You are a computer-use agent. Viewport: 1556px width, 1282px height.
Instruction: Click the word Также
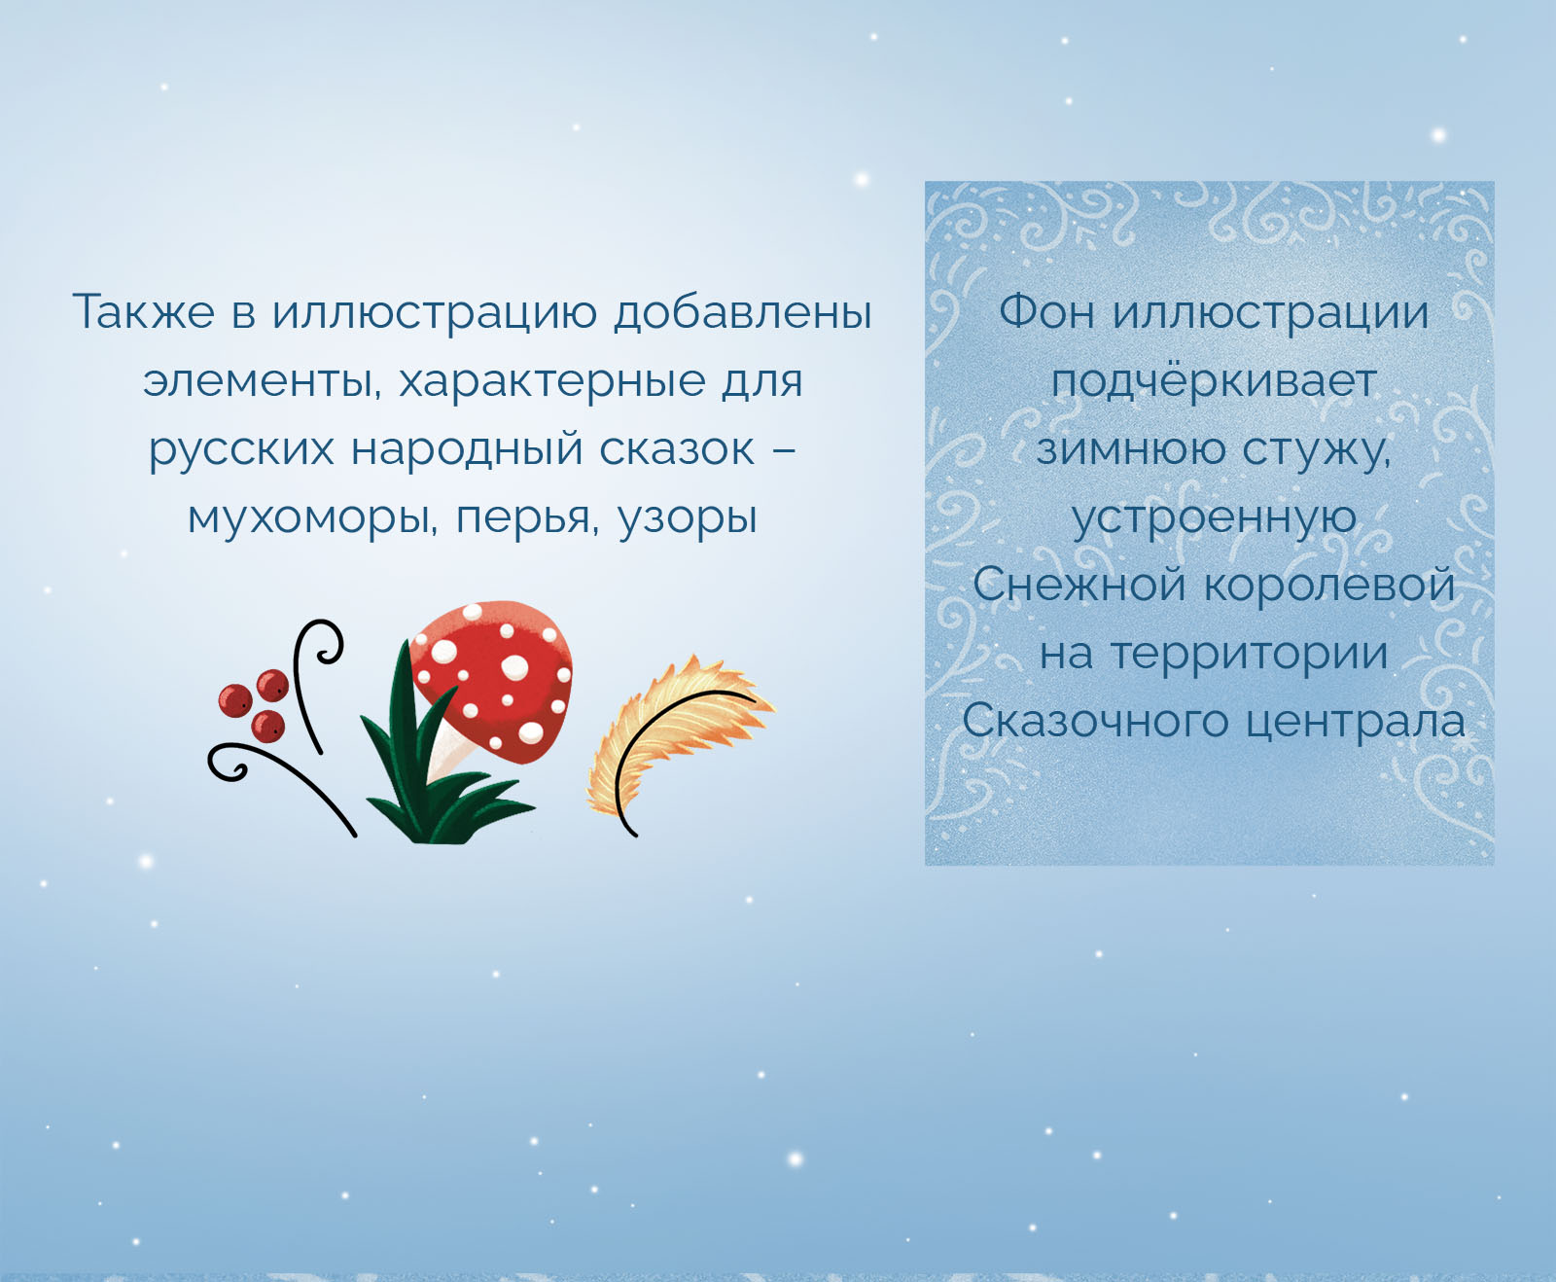pos(144,312)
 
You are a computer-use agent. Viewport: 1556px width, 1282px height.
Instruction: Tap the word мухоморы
pos(307,518)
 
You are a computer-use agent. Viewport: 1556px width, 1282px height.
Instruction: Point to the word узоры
pos(688,518)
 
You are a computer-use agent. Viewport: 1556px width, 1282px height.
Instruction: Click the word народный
pos(465,450)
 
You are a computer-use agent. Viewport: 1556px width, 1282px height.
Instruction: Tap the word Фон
pos(1047,312)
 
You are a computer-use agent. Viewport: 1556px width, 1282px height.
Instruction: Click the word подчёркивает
pos(1214,381)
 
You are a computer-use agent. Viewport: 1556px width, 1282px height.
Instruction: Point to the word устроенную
pos(1214,518)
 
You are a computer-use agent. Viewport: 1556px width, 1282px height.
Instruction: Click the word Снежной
pos(1079,586)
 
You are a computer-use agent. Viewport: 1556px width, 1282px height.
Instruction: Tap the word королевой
pos(1328,586)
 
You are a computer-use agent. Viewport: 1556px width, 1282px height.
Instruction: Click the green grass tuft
pos(428,778)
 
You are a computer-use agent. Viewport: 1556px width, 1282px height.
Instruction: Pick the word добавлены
pos(743,312)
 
